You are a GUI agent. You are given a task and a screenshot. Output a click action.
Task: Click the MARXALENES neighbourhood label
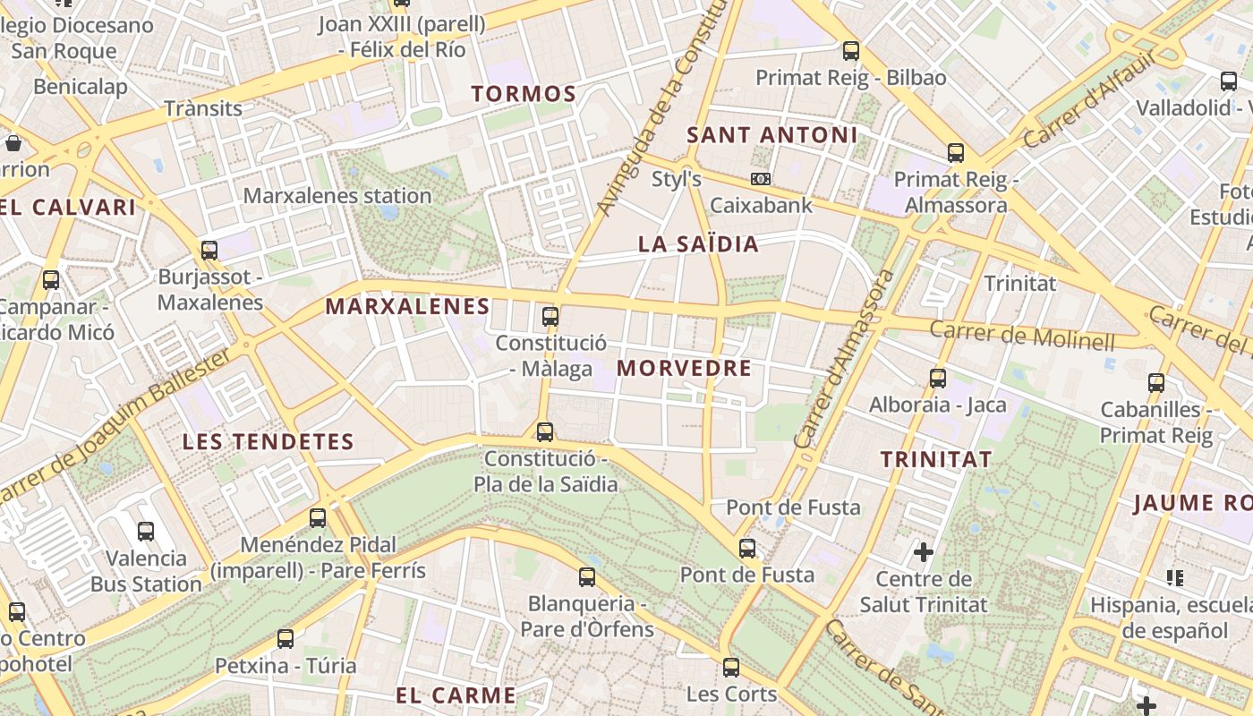407,306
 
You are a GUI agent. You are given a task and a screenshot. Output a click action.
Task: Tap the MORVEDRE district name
684,368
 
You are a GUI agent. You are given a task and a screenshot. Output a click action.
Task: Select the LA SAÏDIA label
698,243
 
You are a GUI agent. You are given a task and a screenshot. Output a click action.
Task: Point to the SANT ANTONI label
771,135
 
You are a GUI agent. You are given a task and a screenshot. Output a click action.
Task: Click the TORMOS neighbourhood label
524,93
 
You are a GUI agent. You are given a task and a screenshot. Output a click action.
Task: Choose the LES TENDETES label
268,441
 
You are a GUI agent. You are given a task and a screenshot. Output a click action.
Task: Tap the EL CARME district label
456,695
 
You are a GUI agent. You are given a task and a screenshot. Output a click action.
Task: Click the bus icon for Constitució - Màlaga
550,316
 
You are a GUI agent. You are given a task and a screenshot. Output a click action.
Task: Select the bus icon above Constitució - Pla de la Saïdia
544,432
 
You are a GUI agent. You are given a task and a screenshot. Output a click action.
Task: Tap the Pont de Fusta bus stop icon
747,548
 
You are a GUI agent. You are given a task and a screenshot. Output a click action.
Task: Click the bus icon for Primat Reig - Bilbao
850,51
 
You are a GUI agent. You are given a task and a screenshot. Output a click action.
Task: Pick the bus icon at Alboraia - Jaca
938,378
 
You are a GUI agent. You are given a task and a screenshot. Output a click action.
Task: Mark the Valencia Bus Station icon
146,532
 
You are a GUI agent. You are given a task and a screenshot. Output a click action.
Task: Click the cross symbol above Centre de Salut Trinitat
924,552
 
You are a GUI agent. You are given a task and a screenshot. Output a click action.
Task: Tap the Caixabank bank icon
761,179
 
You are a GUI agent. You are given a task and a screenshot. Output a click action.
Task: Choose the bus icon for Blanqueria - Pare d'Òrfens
587,577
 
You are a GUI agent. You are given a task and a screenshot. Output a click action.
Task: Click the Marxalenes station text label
337,195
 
